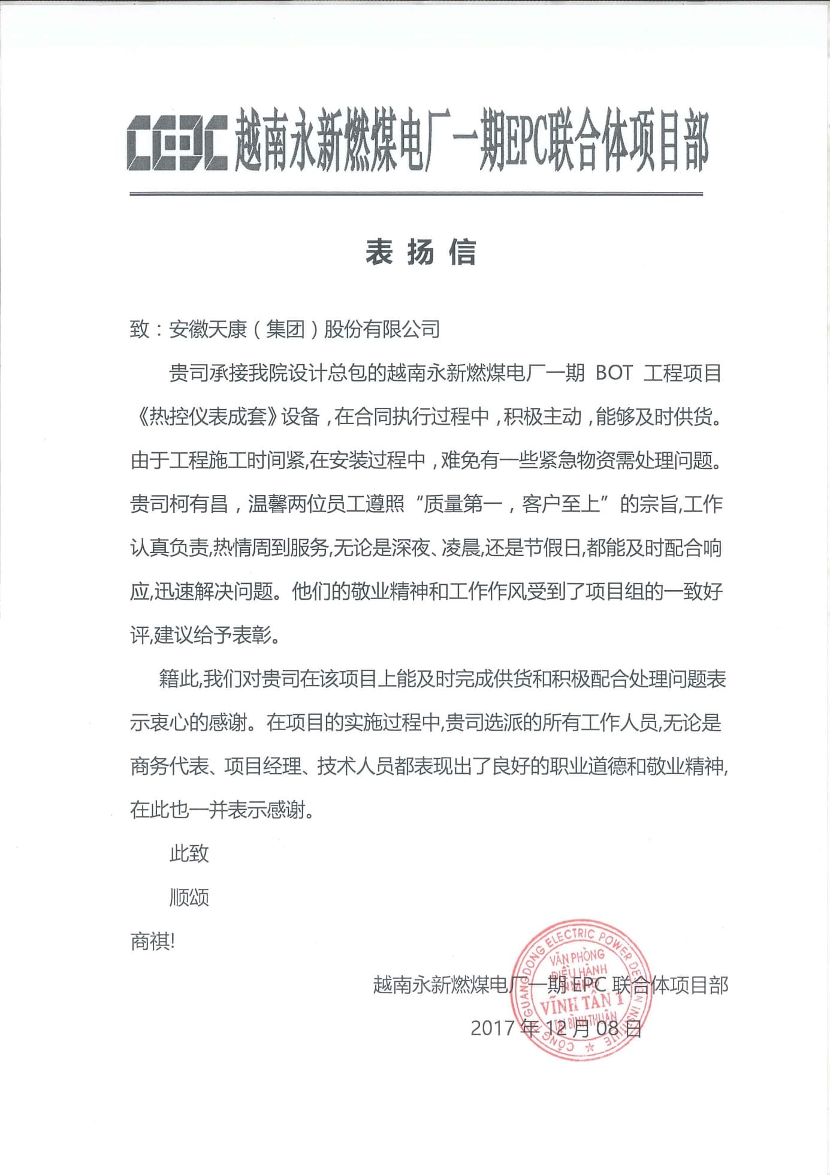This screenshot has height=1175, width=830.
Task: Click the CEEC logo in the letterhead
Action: [177, 143]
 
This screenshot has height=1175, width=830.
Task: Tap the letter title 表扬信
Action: [421, 252]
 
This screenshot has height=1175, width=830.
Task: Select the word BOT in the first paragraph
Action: [614, 373]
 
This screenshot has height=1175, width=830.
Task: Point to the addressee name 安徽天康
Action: [208, 329]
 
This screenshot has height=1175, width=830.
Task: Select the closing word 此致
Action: [189, 854]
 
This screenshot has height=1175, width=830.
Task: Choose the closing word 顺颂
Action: [189, 898]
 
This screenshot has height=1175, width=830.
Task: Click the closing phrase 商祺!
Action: [152, 942]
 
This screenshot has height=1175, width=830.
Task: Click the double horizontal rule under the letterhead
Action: [416, 194]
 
